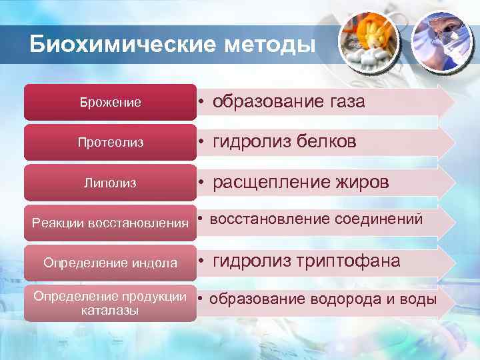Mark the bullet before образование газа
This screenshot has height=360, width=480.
pyautogui.click(x=200, y=103)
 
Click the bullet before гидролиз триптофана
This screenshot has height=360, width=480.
pyautogui.click(x=200, y=262)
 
